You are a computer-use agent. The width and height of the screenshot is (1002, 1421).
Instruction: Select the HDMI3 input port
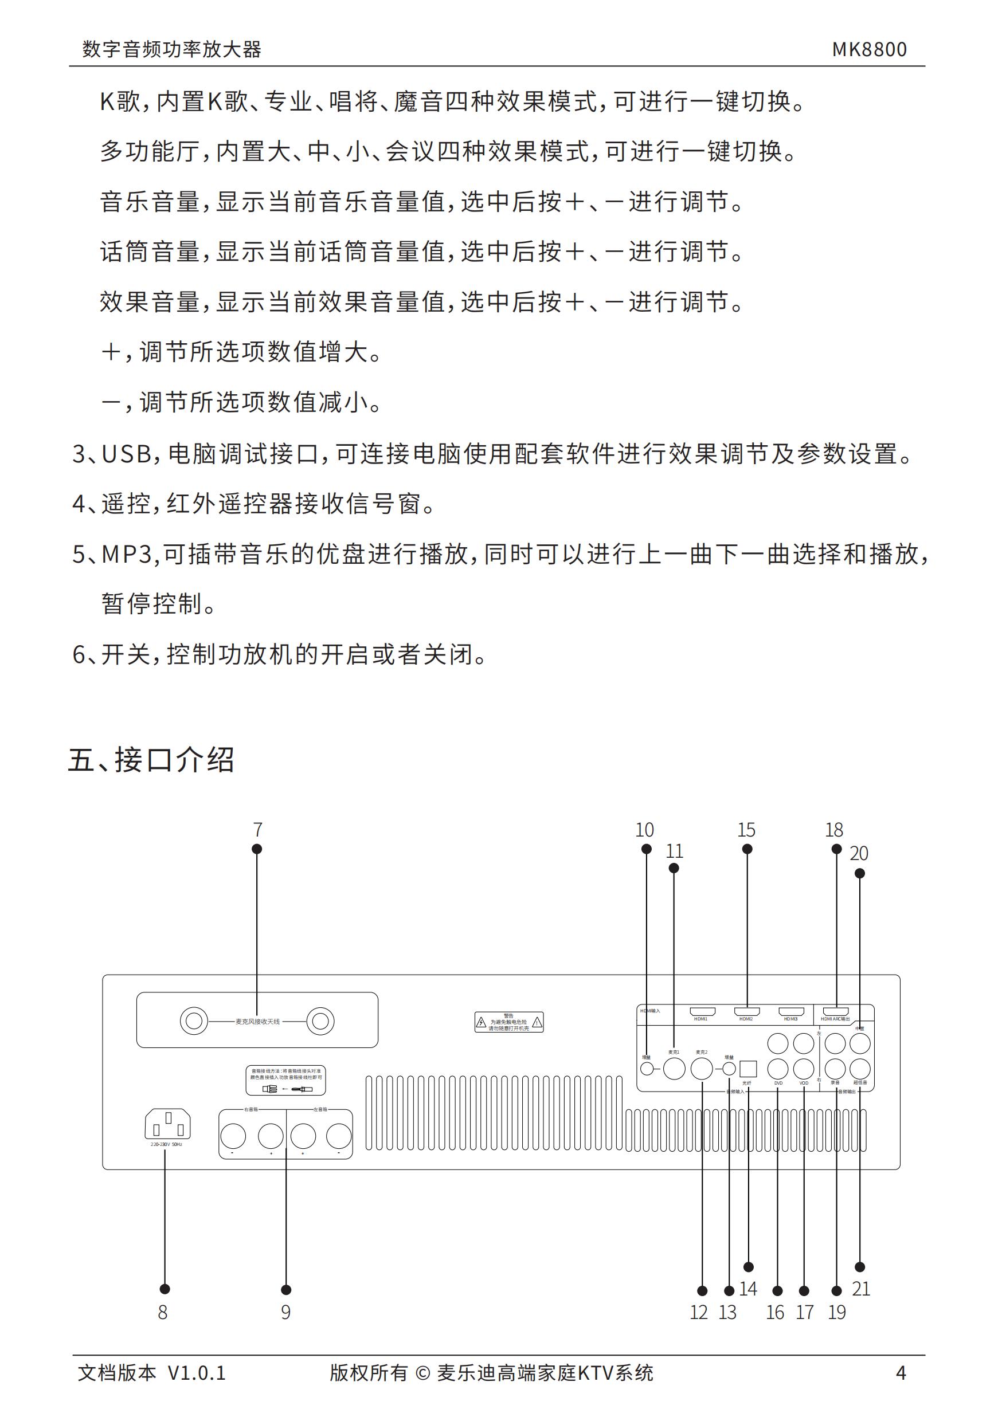pyautogui.click(x=791, y=1011)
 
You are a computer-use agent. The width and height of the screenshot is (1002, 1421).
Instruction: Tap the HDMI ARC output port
pyautogui.click(x=835, y=1011)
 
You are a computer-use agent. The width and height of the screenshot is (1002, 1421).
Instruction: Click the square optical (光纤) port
pyautogui.click(x=748, y=1068)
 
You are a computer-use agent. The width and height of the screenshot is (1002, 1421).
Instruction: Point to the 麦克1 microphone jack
pyautogui.click(x=674, y=1068)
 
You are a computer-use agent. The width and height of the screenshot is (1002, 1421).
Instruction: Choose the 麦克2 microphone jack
pyautogui.click(x=702, y=1068)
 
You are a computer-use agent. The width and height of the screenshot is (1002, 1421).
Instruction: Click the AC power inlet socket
pyautogui.click(x=167, y=1123)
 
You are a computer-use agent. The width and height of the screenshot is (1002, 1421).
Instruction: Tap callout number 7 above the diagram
pyautogui.click(x=257, y=829)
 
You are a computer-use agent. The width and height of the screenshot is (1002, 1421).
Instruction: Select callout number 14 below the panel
pyautogui.click(x=748, y=1289)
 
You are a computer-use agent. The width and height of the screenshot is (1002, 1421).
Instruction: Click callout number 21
pyautogui.click(x=861, y=1289)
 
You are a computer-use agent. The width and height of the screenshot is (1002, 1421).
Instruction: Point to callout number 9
pyautogui.click(x=285, y=1312)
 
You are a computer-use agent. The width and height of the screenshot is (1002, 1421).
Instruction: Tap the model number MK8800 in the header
pyautogui.click(x=869, y=49)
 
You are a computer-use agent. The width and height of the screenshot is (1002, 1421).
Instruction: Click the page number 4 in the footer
pyautogui.click(x=901, y=1373)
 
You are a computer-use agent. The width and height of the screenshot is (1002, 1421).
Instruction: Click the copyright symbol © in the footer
pyautogui.click(x=422, y=1373)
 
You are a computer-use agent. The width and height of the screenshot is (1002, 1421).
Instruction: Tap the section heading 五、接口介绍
pyautogui.click(x=151, y=760)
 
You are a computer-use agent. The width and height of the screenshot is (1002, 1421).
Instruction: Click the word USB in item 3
pyautogui.click(x=126, y=454)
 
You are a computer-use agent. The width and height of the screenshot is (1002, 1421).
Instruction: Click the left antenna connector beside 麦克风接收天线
pyautogui.click(x=194, y=1020)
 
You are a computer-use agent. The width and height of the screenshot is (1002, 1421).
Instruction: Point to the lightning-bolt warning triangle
pyautogui.click(x=481, y=1023)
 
